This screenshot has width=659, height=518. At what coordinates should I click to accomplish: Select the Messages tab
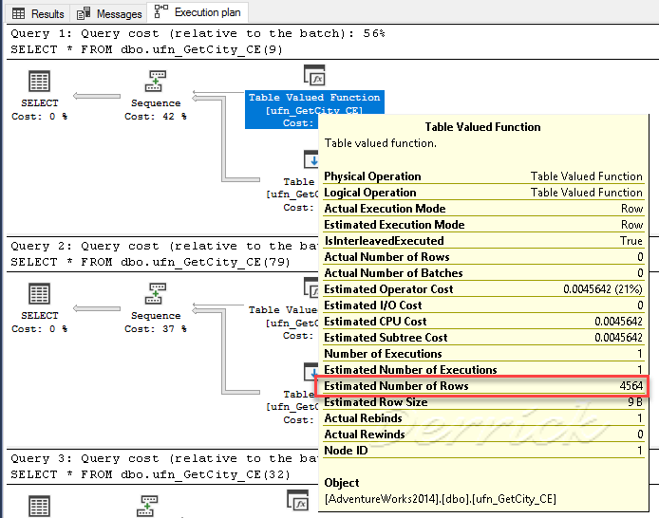coord(110,13)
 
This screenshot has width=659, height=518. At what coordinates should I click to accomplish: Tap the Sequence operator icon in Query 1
coord(156,81)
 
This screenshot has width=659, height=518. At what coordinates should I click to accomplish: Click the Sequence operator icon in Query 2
coord(156,294)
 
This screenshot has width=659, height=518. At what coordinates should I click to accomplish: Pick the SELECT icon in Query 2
coord(40,297)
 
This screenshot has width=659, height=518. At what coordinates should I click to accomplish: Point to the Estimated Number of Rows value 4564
coord(630,386)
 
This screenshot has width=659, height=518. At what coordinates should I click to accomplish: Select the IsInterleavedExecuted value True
coord(631,241)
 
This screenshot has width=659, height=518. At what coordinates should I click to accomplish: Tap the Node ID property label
coord(346,451)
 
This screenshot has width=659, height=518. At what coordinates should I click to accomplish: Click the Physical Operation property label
coord(372,176)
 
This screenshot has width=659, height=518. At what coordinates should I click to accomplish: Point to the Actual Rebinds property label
coord(364,418)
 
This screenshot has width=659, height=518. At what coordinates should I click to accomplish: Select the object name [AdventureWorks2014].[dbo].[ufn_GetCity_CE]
coord(440,498)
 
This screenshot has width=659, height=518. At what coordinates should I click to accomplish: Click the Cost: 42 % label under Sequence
coord(156,117)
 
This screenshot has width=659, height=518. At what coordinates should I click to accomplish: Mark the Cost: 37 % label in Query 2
coord(156,329)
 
